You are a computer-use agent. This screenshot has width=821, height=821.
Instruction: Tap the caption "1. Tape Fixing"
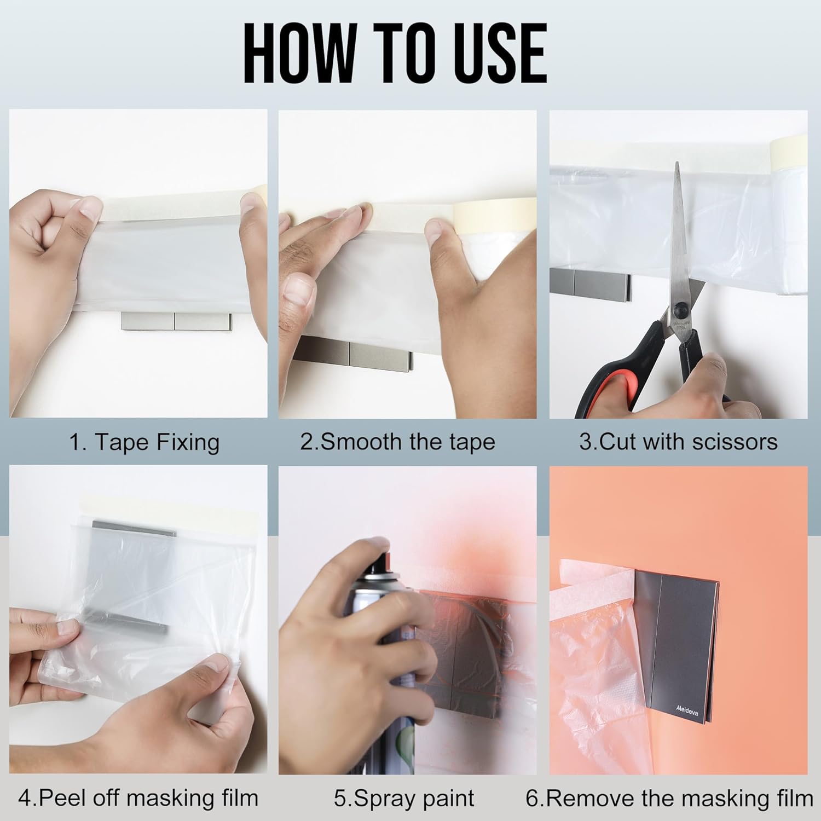pos(144,442)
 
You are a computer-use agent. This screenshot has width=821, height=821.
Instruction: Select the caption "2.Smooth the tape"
pos(398,442)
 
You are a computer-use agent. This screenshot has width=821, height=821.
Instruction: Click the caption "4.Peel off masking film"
pos(138,798)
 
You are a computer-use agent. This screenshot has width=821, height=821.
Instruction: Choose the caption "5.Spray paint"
pos(404,799)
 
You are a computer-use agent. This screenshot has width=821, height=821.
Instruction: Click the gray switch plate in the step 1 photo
pos(176,321)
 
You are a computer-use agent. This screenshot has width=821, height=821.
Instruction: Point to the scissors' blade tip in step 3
pos(677,163)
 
